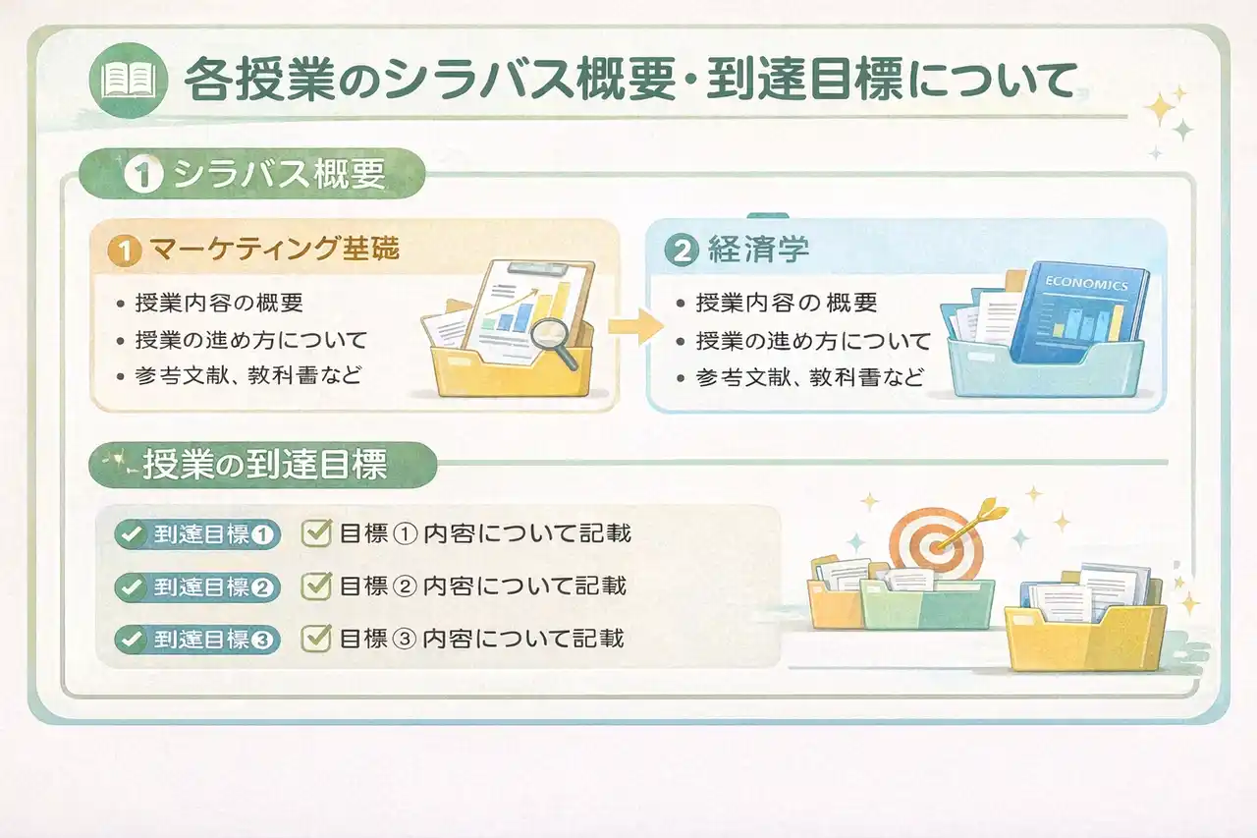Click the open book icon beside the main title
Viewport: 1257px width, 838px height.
point(129,81)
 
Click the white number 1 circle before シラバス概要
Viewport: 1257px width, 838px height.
point(143,174)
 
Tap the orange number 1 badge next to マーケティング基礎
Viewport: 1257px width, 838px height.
point(124,251)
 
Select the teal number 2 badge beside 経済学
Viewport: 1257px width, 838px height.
point(682,251)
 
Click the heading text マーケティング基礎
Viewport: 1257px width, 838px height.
point(274,249)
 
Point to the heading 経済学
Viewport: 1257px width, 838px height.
point(759,250)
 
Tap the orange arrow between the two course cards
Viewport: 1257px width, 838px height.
point(635,325)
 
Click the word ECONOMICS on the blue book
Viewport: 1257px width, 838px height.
point(1086,284)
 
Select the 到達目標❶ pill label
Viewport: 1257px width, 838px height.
point(197,533)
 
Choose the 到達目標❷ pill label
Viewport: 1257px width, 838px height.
point(197,587)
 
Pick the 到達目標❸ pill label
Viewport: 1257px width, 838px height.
point(197,640)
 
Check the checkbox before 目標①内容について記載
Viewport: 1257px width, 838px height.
point(316,533)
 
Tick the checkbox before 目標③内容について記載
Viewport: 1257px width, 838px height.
point(316,639)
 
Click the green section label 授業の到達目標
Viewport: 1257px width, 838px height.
point(263,465)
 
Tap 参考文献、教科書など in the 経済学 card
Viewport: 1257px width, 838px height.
point(809,377)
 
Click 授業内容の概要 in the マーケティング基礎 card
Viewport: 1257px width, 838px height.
point(219,304)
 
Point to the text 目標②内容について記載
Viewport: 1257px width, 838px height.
point(482,586)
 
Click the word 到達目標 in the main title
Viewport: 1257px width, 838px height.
point(804,81)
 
